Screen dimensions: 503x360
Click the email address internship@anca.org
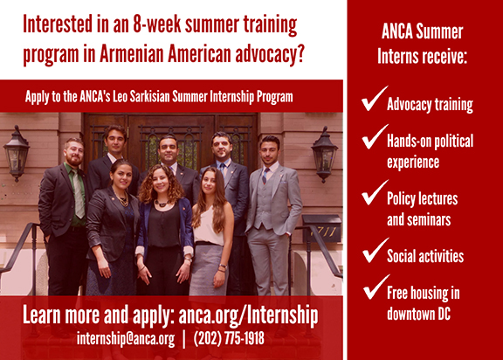[x=126, y=338]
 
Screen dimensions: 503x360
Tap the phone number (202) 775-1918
[x=229, y=338]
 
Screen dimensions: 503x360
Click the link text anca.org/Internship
[x=248, y=315]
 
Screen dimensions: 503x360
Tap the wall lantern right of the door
[x=324, y=155]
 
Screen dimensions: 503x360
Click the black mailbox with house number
[x=321, y=228]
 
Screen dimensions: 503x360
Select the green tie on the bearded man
[x=78, y=194]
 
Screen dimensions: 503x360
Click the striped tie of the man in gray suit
[x=265, y=176]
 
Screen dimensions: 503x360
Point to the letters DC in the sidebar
[x=444, y=314]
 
